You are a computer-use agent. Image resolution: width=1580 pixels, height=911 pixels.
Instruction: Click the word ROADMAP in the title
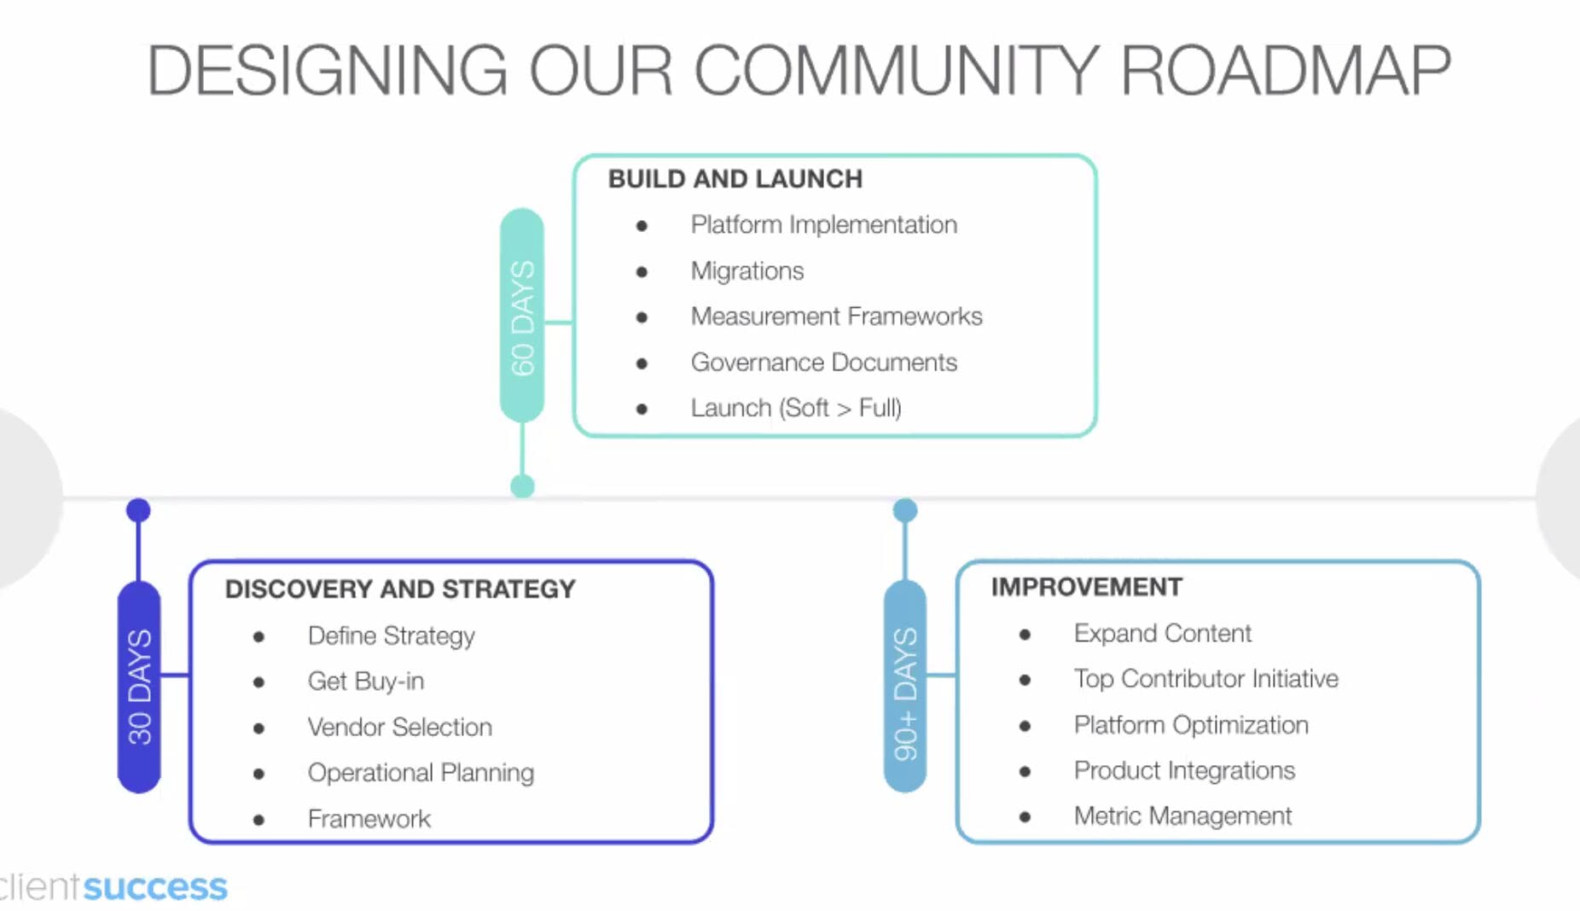click(1285, 70)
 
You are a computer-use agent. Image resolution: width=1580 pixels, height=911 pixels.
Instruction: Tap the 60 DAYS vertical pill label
click(522, 316)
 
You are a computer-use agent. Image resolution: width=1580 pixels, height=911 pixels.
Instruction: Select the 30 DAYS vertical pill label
click(139, 687)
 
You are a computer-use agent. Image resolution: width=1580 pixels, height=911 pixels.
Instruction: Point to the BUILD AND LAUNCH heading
click(735, 179)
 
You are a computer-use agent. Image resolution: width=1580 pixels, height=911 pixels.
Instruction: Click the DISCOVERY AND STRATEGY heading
click(400, 589)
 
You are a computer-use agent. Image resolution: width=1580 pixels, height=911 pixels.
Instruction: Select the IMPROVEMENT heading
click(1086, 587)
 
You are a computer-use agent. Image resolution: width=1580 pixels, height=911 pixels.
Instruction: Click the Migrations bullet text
click(746, 271)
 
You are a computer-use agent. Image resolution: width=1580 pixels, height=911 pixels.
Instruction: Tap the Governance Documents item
click(823, 363)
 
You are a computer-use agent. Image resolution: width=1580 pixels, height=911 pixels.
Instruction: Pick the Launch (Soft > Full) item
click(795, 408)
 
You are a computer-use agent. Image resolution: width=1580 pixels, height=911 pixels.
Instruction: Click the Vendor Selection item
click(399, 727)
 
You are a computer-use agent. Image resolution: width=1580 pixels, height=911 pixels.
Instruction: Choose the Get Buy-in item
click(365, 681)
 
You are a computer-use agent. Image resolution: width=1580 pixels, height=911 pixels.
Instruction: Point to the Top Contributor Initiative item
click(1205, 679)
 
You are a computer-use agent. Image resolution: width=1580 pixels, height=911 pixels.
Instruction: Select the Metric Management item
click(1182, 816)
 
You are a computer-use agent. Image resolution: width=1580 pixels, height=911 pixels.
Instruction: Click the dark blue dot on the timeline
click(138, 510)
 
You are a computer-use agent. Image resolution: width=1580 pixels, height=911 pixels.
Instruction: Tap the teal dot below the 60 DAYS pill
click(522, 486)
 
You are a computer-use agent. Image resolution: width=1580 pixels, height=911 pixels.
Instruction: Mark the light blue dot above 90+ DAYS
click(905, 510)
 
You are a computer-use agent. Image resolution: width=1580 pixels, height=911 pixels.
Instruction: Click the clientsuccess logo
click(113, 887)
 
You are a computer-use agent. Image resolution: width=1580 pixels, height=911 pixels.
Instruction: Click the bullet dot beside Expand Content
click(1025, 634)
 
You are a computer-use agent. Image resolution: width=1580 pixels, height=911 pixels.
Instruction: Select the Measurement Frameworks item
click(836, 316)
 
